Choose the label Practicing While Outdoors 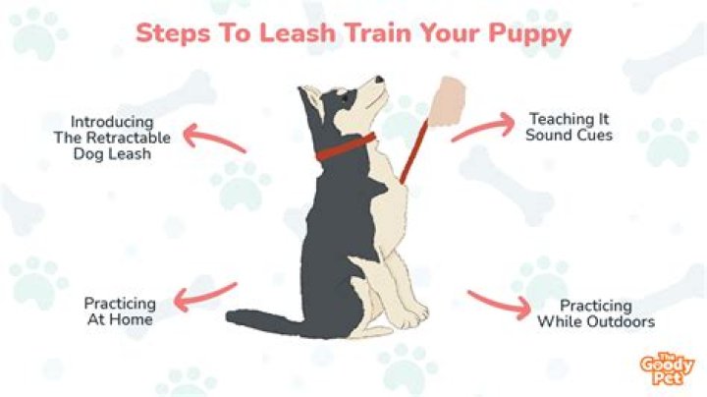click(x=595, y=313)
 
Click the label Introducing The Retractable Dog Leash click(x=109, y=138)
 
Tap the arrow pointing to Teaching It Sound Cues click(x=483, y=127)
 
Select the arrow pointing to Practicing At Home click(x=204, y=295)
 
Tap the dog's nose click(x=379, y=80)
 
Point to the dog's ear click(x=312, y=97)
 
